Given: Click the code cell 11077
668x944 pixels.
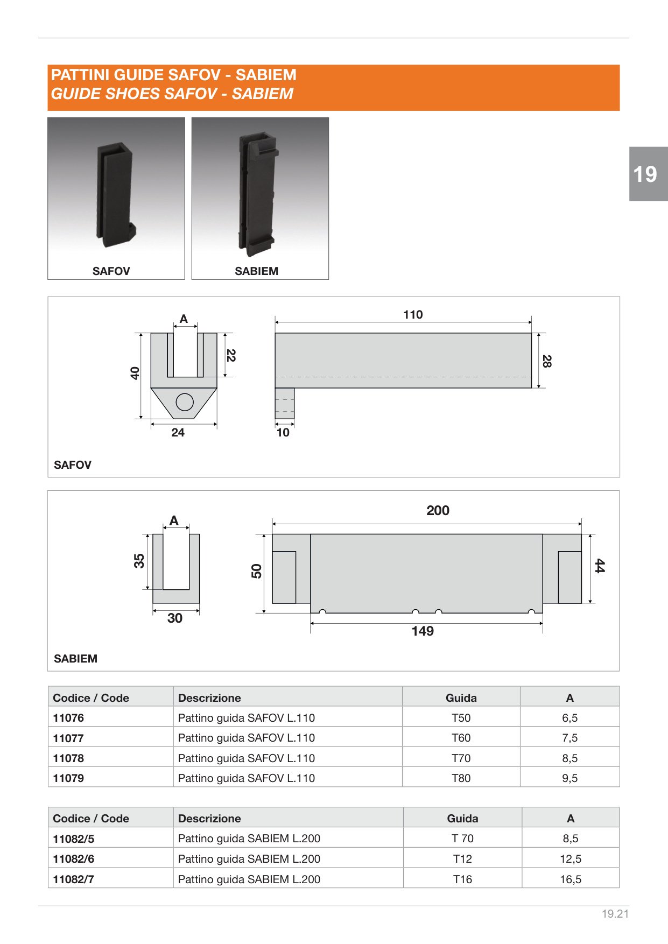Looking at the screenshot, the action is coord(68,738).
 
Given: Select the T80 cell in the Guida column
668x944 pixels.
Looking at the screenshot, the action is coord(461,778).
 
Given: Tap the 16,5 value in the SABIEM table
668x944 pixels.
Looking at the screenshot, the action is coord(571,879).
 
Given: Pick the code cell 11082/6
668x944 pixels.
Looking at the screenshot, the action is coord(73,859).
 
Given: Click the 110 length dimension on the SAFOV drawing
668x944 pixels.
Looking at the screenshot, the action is coord(413,314).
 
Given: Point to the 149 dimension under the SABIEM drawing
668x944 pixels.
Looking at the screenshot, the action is coord(423,631).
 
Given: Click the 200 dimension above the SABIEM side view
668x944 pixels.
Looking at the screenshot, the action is coord(438,510).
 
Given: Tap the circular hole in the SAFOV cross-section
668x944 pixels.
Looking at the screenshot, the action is coord(185,402).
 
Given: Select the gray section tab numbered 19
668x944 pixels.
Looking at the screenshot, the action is coord(648,174).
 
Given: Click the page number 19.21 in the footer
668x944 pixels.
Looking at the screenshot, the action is coord(615,914).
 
